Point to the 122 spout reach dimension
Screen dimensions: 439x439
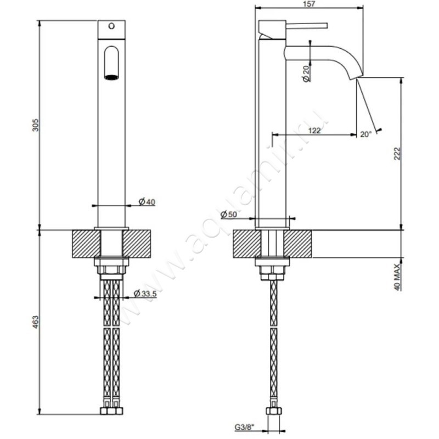click(314, 130)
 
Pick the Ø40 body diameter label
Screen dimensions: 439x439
click(147, 202)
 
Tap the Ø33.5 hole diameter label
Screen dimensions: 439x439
click(146, 294)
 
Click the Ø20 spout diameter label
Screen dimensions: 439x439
click(306, 73)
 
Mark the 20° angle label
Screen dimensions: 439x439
click(366, 133)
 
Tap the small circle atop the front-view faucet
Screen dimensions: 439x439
click(112, 25)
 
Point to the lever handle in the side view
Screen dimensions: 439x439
click(299, 25)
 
